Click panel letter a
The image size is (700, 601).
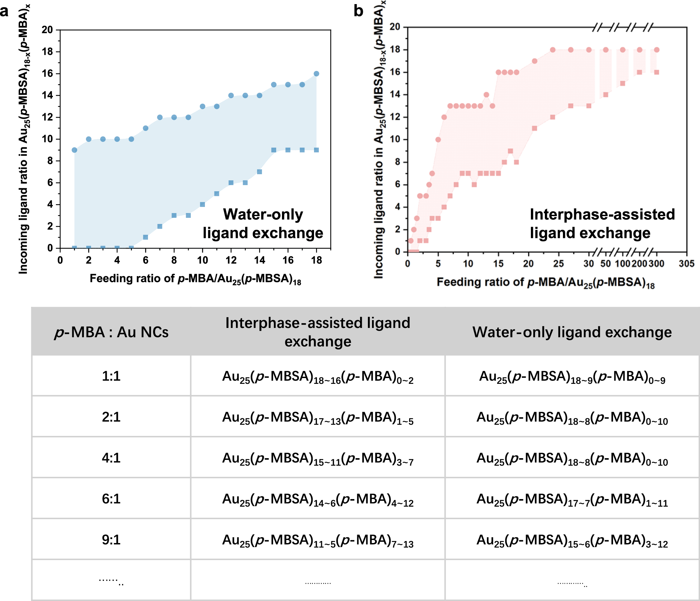[4, 12]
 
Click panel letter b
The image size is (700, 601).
[358, 11]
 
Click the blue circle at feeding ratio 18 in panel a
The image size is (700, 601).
[316, 74]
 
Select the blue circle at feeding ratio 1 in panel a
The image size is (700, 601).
[74, 150]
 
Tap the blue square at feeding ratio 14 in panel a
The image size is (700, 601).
[259, 172]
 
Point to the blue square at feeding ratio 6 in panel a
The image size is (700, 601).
[146, 237]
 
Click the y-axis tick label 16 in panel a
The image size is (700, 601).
[47, 74]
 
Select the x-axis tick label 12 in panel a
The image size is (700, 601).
[231, 260]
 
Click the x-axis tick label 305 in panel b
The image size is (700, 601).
[686, 264]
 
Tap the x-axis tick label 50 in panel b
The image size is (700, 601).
[606, 264]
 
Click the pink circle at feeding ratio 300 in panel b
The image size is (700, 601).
[657, 50]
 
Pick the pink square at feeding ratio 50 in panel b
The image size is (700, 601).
[606, 95]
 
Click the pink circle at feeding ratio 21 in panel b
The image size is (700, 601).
[535, 61]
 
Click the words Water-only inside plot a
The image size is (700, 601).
[263, 214]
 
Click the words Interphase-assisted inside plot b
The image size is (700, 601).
[602, 214]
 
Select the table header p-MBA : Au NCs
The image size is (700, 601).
[111, 332]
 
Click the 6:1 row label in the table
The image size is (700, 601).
[111, 499]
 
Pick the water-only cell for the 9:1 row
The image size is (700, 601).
[572, 540]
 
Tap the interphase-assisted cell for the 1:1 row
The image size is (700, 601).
[317, 377]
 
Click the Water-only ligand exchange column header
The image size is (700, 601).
[572, 332]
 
